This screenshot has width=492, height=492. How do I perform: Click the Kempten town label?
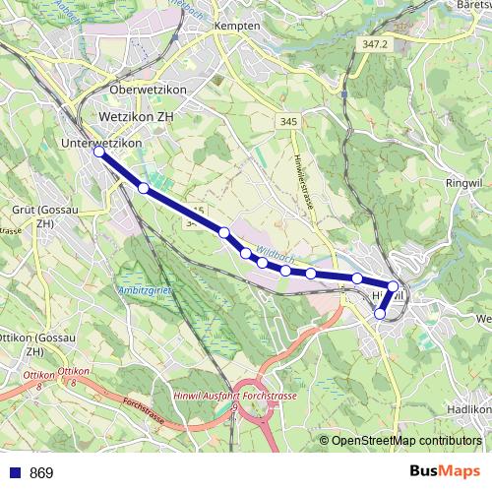[243, 26]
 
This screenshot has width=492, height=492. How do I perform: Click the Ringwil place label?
[462, 182]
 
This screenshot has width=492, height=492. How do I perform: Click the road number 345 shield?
[288, 120]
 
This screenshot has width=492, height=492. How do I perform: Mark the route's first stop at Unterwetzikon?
[98, 152]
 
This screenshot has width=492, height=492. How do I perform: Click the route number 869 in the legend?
[42, 473]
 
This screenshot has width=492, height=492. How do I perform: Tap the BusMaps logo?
[446, 472]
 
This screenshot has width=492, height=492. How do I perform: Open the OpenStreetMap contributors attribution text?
[406, 441]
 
